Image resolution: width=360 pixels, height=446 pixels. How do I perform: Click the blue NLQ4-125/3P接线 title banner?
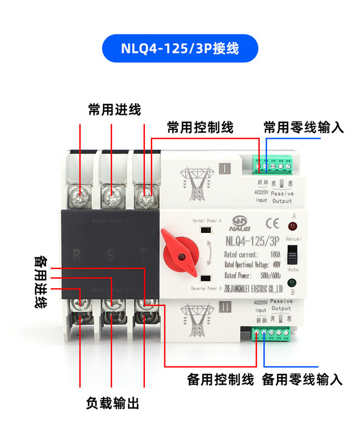pyautogui.click(x=180, y=49)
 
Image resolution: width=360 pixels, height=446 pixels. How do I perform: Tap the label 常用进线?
pyautogui.click(x=114, y=109)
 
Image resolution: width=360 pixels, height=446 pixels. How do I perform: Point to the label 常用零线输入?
pyautogui.click(x=304, y=128)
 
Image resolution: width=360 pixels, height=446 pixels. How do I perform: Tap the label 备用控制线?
pyautogui.click(x=220, y=380)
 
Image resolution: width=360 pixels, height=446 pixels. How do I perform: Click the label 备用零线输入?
pyautogui.click(x=301, y=380)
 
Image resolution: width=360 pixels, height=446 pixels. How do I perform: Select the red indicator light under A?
pyautogui.click(x=293, y=227)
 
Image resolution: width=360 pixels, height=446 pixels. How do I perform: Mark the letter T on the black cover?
pyautogui.click(x=143, y=256)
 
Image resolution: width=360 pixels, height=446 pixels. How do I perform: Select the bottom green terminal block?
pyautogui.click(x=272, y=333)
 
